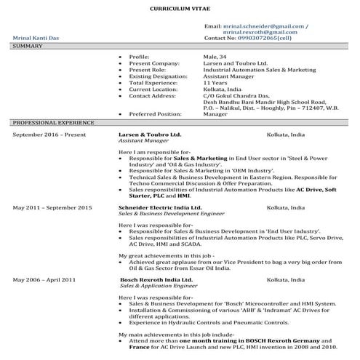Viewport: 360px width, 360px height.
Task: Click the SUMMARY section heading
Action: (28, 46)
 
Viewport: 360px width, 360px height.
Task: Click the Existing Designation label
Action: (157, 76)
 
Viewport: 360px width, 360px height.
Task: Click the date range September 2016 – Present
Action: (49, 135)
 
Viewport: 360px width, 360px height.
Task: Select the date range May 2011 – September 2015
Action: (52, 207)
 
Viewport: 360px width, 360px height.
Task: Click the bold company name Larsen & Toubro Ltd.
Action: (150, 135)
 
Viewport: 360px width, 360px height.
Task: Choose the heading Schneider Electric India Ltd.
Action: (155, 207)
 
